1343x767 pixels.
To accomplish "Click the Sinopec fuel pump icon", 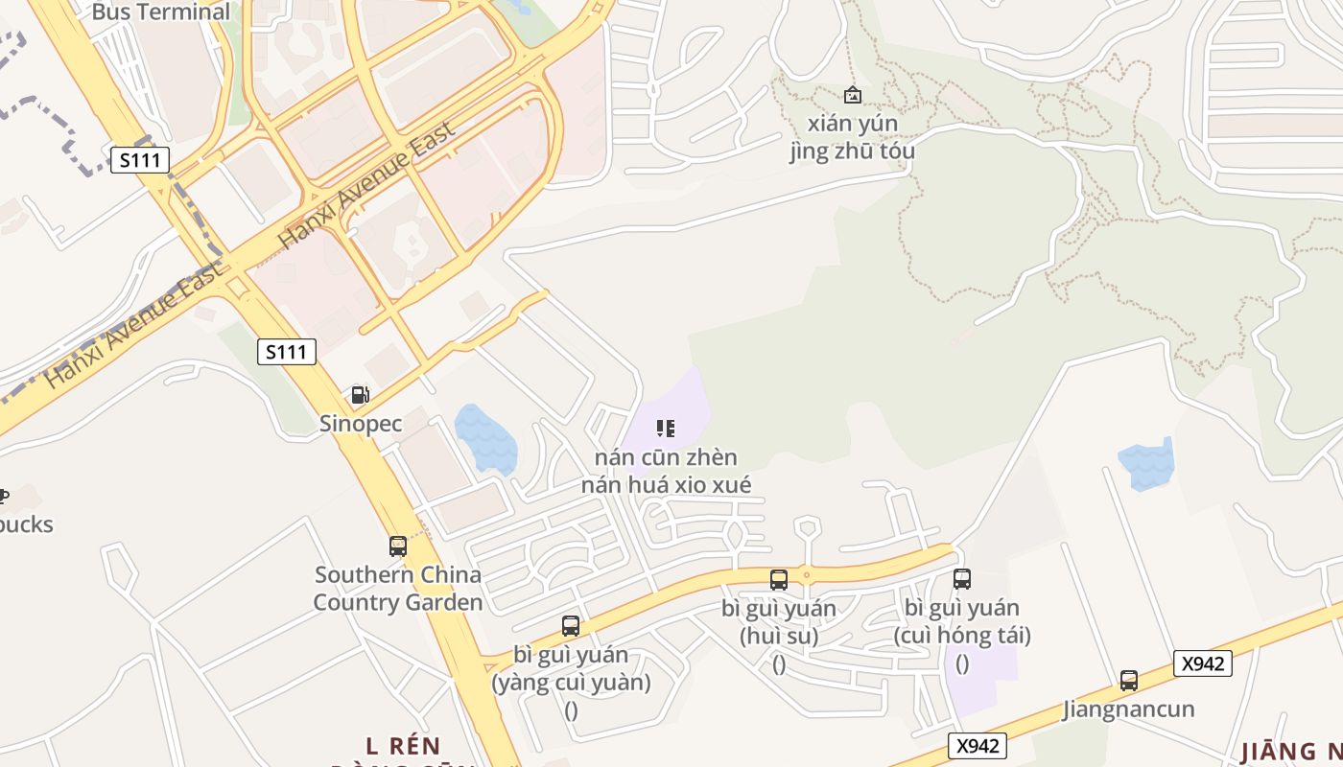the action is [360, 394].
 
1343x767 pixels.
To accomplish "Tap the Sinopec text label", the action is [361, 423].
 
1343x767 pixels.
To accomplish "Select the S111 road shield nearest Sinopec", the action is [287, 352].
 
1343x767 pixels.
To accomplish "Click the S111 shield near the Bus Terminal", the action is [140, 160].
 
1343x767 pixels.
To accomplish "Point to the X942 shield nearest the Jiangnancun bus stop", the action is [1202, 662].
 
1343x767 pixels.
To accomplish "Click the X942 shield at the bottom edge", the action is [978, 746].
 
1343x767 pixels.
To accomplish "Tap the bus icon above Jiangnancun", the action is [1129, 681].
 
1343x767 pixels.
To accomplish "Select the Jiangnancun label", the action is [1129, 709].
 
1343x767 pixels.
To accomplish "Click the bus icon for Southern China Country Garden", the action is [398, 546].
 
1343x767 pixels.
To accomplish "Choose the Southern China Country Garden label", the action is [398, 589].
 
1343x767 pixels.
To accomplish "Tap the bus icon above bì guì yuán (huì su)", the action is [779, 579].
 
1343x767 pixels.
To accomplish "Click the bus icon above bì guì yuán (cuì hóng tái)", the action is [962, 579].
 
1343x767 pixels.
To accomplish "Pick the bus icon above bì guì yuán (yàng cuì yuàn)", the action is [571, 626].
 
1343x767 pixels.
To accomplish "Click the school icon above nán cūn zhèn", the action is [666, 428].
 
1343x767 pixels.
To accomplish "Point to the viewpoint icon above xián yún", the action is [852, 95].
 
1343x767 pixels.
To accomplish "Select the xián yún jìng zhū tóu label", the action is [852, 137].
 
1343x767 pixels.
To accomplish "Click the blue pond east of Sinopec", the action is [486, 440].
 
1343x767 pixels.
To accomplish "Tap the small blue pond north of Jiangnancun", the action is [1146, 464].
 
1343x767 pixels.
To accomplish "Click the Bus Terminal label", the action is [161, 12].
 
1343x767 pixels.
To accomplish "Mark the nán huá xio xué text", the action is [666, 485].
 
